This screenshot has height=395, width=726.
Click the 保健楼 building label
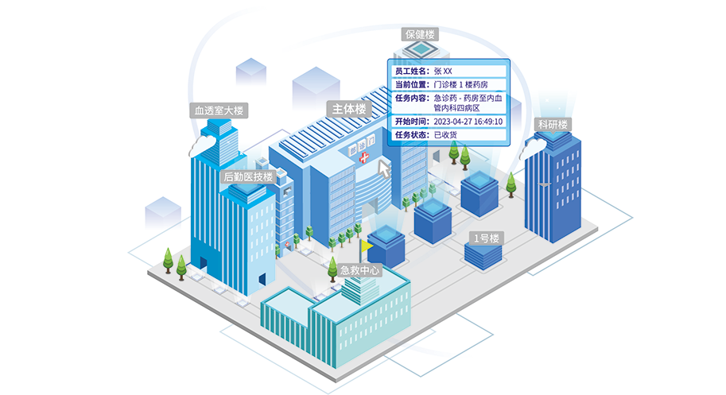(420, 35)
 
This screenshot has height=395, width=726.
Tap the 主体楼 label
(349, 108)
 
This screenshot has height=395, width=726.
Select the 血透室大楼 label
(219, 110)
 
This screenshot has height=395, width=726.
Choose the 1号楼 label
(485, 238)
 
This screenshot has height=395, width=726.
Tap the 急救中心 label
(360, 270)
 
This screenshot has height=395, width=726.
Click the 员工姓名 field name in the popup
(411, 71)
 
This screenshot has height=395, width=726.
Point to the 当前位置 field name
(411, 84)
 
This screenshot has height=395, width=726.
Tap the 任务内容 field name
(411, 98)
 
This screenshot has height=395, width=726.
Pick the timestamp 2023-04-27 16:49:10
(468, 122)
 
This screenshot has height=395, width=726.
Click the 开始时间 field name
(411, 122)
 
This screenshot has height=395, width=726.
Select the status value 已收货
(446, 135)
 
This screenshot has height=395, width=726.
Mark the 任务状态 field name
(411, 135)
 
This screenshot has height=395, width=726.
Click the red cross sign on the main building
(364, 159)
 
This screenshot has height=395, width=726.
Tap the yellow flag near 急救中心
(367, 247)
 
